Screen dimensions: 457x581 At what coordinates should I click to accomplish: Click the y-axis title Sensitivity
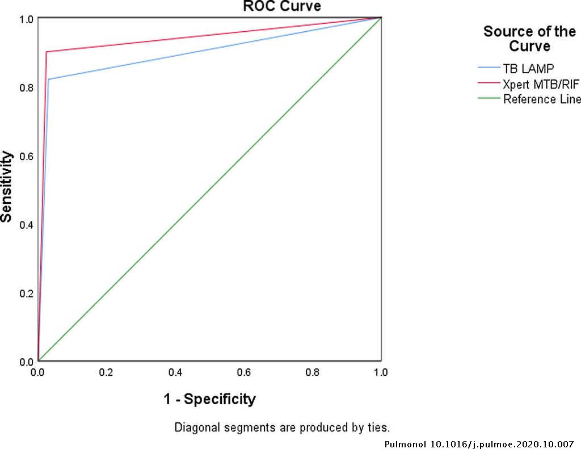(x=7, y=186)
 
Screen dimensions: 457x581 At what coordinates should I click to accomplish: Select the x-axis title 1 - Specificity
(x=210, y=399)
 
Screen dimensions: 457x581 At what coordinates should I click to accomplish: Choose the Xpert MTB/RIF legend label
(x=541, y=84)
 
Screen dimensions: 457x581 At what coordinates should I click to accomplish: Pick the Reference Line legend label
(x=542, y=99)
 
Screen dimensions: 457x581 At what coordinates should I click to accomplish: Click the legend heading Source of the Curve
(x=529, y=39)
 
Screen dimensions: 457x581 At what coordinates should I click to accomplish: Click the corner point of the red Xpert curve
(x=46, y=52)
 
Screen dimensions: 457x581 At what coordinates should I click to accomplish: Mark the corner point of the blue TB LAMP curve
(x=49, y=79)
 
